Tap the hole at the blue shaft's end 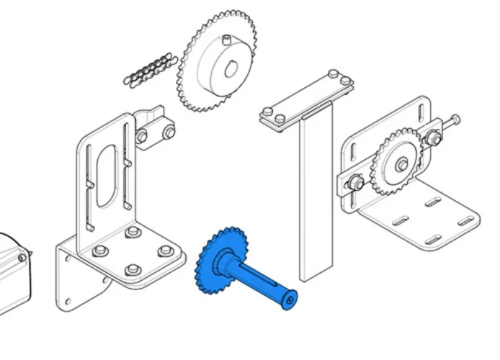[x=290, y=297]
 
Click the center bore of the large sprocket [x=231, y=69]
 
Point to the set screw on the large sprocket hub [x=225, y=37]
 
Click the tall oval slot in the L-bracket [x=107, y=176]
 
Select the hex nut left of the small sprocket [x=355, y=184]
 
